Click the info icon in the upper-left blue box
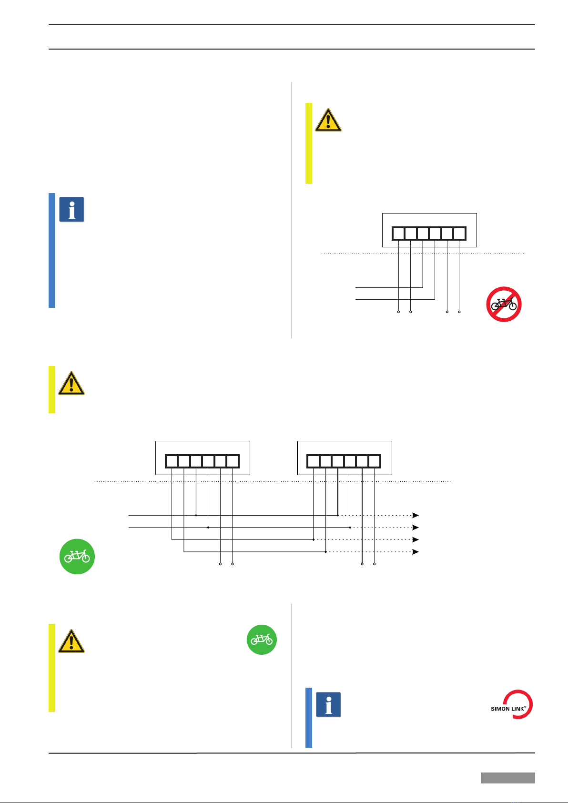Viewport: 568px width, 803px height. [71, 210]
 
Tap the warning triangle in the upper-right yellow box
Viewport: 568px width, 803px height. [328, 120]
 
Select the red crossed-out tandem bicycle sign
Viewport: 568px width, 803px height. [504, 304]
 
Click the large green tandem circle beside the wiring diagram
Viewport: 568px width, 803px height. [77, 556]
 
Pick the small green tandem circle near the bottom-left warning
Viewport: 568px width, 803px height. [262, 640]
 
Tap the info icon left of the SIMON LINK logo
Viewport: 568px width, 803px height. [328, 705]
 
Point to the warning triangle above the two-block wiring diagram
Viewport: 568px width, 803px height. [71, 384]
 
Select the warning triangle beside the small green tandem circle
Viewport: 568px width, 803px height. [71, 641]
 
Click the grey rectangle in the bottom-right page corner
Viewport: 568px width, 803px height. [507, 778]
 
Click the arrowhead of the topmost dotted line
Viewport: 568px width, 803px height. [416, 515]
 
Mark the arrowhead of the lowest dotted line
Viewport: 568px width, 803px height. [416, 552]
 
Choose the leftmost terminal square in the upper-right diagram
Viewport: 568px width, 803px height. [398, 234]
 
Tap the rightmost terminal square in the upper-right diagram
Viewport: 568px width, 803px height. [459, 234]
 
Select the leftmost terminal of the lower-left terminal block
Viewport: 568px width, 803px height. [172, 461]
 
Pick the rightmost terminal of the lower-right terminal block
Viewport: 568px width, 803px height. [375, 461]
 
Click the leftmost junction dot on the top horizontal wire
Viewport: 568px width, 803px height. [196, 515]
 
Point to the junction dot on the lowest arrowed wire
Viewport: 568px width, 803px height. [325, 552]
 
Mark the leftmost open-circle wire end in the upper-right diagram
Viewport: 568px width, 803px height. [398, 312]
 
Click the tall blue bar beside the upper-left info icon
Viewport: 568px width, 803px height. [52, 250]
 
